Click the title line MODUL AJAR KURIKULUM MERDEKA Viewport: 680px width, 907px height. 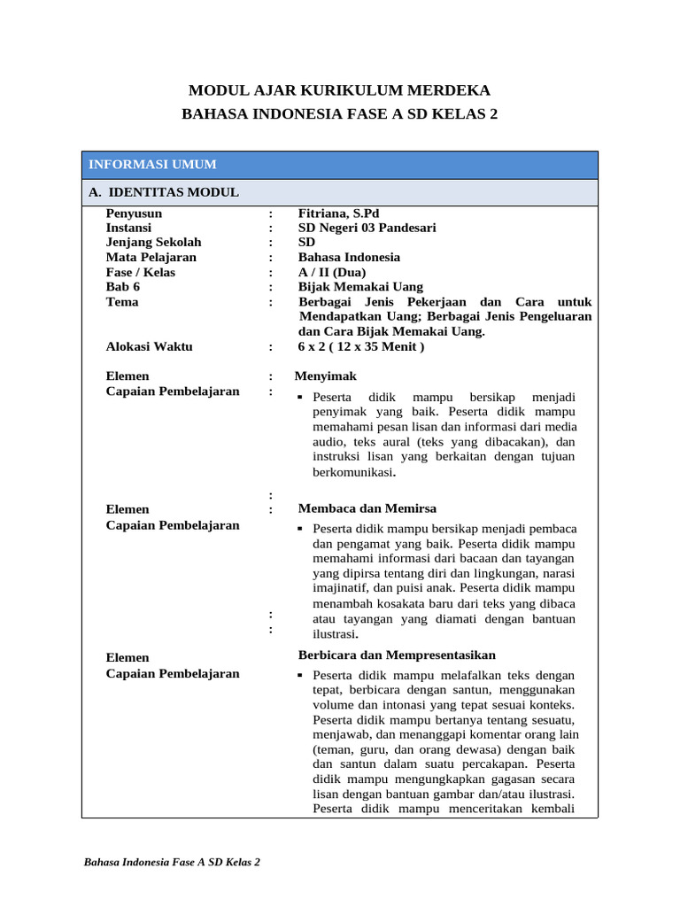pos(339,90)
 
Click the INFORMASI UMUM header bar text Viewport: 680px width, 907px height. pos(152,165)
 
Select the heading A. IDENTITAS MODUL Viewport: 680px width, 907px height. pos(163,192)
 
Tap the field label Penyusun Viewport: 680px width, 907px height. pos(134,213)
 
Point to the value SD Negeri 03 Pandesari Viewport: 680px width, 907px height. pos(367,228)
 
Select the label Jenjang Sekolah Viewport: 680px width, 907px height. pos(153,243)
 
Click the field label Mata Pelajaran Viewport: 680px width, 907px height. pos(151,258)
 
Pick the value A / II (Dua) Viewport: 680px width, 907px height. pos(331,272)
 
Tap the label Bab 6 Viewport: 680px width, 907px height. pos(123,287)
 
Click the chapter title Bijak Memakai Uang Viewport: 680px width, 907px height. pos(360,287)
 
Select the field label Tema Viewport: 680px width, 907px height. pos(122,302)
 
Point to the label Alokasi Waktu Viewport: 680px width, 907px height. pos(149,346)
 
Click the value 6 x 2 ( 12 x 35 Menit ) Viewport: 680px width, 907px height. pos(361,346)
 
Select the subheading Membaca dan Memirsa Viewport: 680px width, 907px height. pos(367,508)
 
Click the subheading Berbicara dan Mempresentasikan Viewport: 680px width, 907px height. pos(397,655)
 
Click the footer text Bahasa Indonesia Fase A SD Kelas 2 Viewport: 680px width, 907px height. pos(171,862)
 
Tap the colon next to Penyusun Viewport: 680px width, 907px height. pos(270,213)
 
